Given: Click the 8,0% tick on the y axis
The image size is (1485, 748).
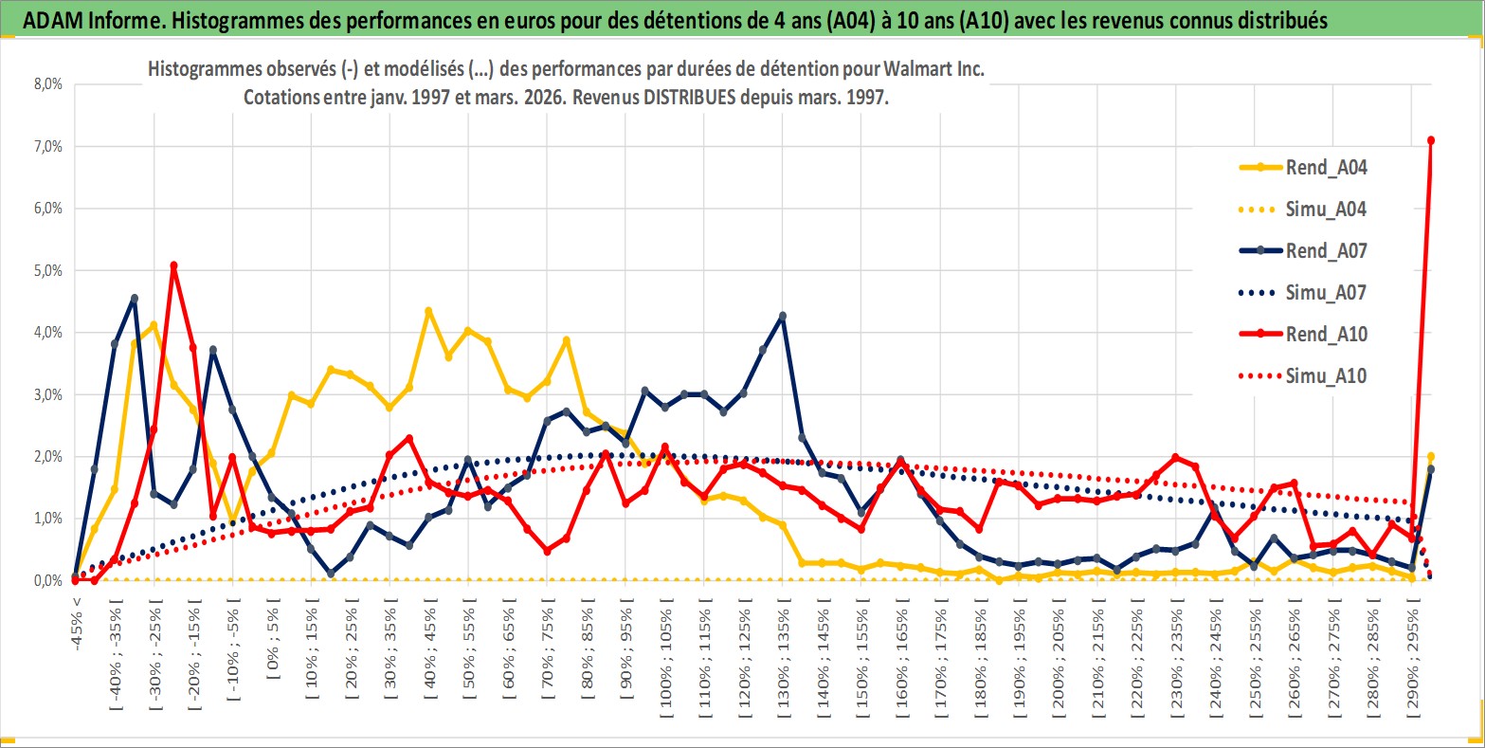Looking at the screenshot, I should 46,84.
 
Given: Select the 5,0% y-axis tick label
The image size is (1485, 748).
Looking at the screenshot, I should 46,270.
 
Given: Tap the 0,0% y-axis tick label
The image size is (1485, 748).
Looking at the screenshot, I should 46,580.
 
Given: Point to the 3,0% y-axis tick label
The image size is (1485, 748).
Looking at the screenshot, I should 46,394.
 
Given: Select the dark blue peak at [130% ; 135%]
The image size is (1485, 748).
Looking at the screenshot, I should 782,316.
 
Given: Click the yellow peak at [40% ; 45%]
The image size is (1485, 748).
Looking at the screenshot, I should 428,311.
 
